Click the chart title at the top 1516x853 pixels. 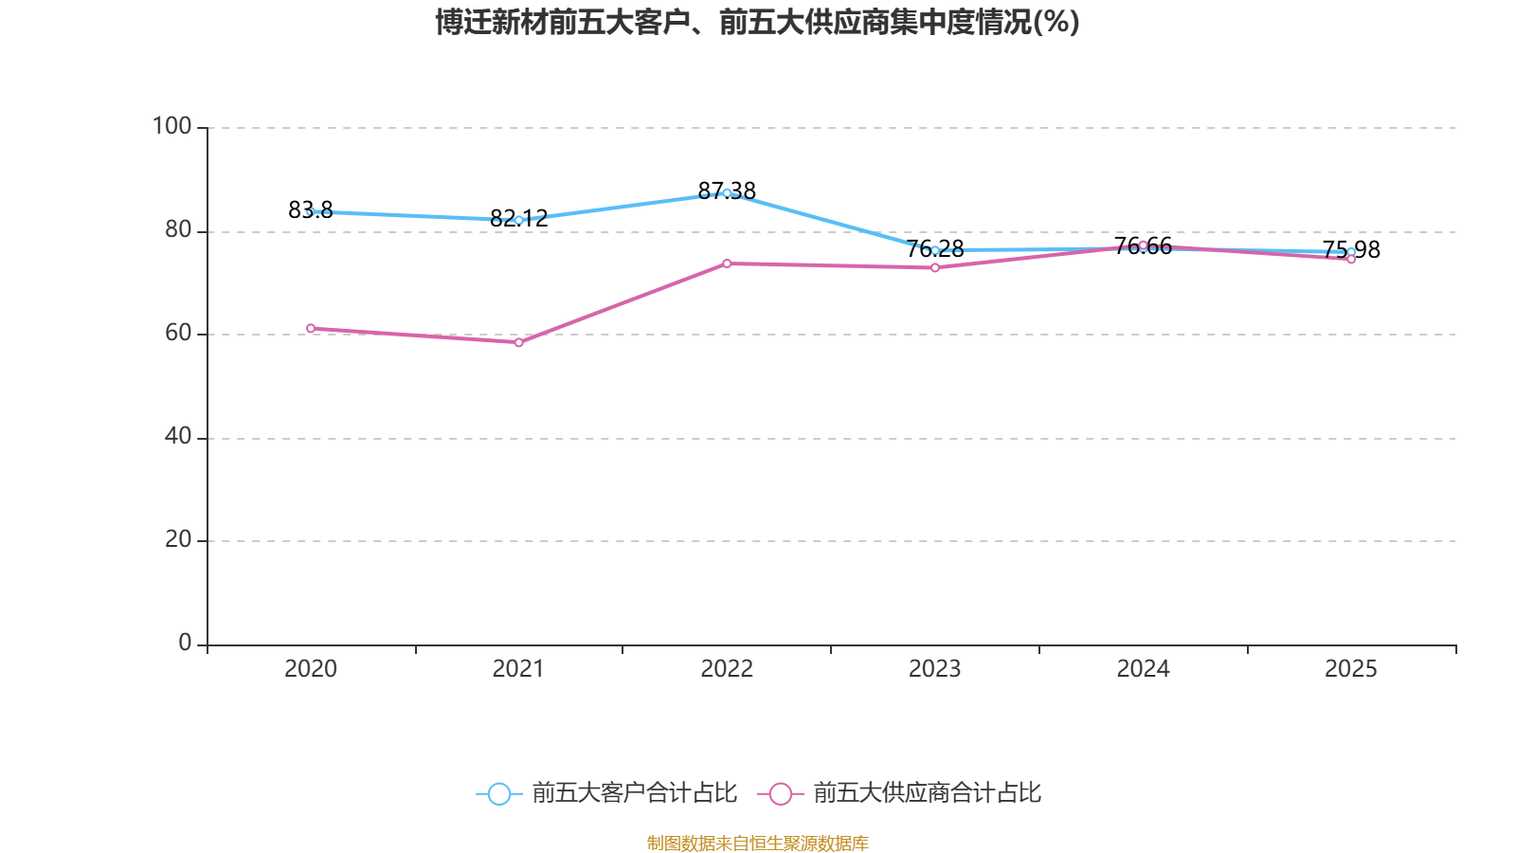(757, 22)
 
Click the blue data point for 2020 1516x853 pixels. (311, 212)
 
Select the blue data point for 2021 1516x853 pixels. (518, 220)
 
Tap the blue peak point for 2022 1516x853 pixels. (727, 193)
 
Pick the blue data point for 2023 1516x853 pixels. (935, 251)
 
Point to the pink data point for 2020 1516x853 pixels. (311, 328)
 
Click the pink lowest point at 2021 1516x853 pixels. (518, 342)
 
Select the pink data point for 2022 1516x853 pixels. (727, 263)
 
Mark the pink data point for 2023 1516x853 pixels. (935, 267)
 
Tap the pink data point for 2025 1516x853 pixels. (1351, 259)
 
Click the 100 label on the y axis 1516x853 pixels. (171, 126)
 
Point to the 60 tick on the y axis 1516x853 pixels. (177, 334)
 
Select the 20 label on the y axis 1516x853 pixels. (177, 540)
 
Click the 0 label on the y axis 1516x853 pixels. (185, 644)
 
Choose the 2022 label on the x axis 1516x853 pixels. (727, 669)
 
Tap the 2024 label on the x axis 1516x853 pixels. (1143, 669)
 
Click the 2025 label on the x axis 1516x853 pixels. (1351, 669)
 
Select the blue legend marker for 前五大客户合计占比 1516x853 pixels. (498, 793)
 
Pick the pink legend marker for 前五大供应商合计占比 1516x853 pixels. (780, 793)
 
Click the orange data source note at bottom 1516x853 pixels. (757, 843)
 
